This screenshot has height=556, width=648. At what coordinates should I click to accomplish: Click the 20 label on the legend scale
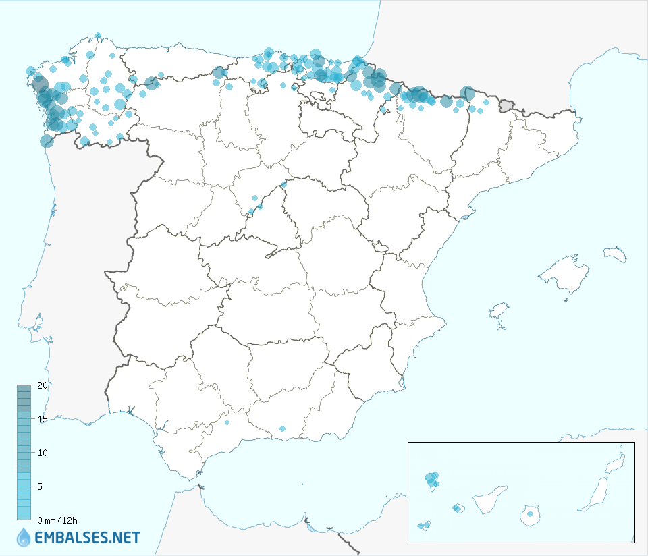click(43, 385)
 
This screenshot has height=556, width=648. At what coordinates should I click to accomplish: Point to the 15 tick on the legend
click(43, 419)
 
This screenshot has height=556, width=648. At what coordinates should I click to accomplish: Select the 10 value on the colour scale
click(43, 452)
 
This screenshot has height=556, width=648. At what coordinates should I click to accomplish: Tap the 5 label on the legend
click(40, 486)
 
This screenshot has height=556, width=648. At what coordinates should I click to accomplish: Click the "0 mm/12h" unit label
click(57, 520)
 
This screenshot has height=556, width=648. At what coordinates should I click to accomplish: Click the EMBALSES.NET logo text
click(87, 538)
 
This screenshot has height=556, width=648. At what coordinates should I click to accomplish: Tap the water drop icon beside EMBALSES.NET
click(24, 537)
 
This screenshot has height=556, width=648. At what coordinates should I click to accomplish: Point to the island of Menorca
click(616, 254)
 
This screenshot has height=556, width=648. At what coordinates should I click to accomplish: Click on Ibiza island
click(498, 312)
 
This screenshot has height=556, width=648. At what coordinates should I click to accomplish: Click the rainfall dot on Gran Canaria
click(531, 514)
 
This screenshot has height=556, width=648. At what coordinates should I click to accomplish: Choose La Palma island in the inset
click(431, 480)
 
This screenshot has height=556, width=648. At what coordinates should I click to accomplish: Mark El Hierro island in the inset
click(425, 526)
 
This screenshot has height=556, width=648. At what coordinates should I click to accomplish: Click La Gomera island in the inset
click(458, 508)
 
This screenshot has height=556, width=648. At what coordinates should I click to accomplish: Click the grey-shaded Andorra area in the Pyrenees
click(506, 105)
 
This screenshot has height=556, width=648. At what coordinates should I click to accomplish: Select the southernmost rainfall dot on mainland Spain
click(282, 428)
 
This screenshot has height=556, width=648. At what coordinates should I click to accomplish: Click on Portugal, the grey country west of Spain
click(74, 270)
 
